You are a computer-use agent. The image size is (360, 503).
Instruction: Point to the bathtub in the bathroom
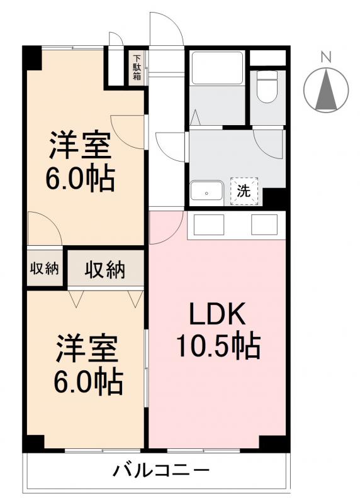(217, 67)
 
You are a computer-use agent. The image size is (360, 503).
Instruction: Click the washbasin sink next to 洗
(206, 191)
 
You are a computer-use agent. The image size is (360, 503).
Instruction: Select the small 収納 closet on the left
(44, 269)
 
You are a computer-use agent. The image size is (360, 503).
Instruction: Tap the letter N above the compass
(325, 57)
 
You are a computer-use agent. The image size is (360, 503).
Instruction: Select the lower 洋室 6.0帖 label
(88, 365)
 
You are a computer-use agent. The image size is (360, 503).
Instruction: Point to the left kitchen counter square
(208, 224)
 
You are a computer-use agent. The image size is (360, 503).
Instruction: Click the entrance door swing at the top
(165, 28)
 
